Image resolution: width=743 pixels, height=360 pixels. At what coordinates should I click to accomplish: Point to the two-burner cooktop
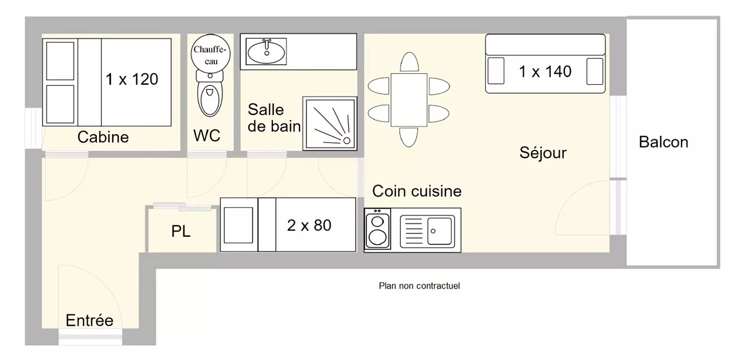(377, 229)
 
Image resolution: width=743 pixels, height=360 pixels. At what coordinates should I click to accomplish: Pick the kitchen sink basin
(440, 231)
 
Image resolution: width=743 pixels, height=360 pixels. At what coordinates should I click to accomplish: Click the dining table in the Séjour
(409, 99)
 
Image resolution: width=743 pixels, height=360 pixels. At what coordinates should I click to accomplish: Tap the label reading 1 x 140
(545, 71)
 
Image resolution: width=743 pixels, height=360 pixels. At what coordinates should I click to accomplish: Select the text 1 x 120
(132, 79)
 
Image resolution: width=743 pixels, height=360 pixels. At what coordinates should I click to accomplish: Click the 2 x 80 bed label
(309, 225)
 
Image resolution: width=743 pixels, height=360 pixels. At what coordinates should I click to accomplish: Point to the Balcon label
(663, 142)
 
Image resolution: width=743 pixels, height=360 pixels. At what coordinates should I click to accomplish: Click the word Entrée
(89, 321)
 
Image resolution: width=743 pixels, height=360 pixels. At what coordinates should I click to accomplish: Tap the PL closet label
(181, 232)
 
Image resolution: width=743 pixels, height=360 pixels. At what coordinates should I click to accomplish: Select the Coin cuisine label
(417, 191)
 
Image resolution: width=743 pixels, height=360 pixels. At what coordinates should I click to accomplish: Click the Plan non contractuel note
(419, 286)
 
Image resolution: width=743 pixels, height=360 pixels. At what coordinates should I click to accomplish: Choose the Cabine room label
(103, 138)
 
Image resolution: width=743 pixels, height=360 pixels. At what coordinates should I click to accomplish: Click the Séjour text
(543, 153)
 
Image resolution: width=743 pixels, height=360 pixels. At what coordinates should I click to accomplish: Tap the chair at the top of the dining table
(409, 62)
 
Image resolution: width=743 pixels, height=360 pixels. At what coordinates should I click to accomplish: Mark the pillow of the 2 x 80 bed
(238, 225)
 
